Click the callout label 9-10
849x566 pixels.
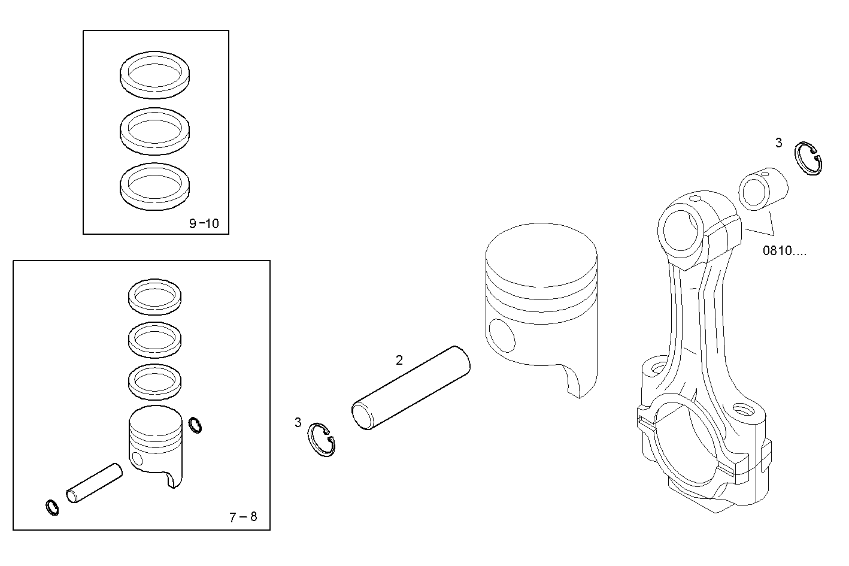pyautogui.click(x=204, y=224)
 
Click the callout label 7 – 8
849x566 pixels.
pyautogui.click(x=243, y=517)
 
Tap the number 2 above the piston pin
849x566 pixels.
pyautogui.click(x=399, y=360)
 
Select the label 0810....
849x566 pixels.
pyautogui.click(x=784, y=251)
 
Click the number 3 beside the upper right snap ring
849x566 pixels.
pyautogui.click(x=778, y=143)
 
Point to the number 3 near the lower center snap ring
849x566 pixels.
pyautogui.click(x=298, y=422)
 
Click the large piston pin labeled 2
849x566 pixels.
pyautogui.click(x=410, y=388)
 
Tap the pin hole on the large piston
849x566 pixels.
pyautogui.click(x=501, y=335)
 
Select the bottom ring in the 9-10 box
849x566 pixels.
pyautogui.click(x=156, y=186)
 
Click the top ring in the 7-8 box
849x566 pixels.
pyautogui.click(x=155, y=296)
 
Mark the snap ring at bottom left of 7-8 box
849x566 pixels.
pyautogui.click(x=53, y=507)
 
